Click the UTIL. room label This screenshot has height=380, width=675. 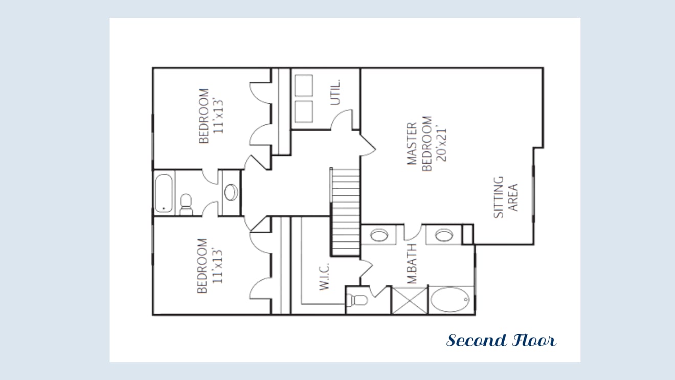point(335,92)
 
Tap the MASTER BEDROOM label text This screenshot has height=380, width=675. point(419,143)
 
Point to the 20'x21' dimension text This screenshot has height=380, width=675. point(441,144)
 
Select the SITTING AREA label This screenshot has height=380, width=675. point(505,197)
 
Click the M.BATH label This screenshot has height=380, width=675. point(412,264)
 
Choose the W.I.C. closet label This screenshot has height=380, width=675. point(324,277)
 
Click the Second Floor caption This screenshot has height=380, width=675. point(501,340)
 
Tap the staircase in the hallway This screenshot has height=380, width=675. point(345,212)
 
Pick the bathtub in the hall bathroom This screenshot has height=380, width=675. point(164,193)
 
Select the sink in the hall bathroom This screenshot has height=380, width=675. point(231,192)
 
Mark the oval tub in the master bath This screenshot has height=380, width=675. point(450,299)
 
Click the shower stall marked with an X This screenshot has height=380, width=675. point(410,301)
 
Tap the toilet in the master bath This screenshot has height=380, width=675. point(357,300)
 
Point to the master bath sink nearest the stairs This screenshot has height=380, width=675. point(379,235)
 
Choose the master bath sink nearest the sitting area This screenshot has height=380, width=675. point(444,235)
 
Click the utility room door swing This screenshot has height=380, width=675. point(342,120)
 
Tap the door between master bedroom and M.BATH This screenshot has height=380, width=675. point(413,232)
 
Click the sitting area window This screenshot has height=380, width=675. point(533,194)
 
